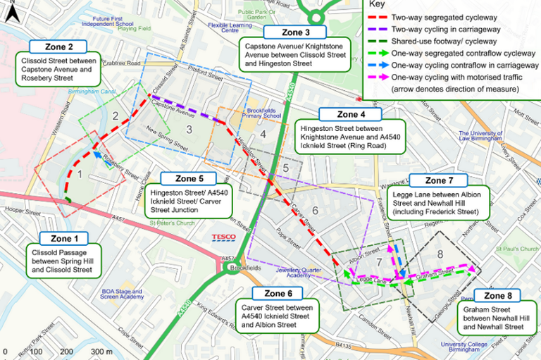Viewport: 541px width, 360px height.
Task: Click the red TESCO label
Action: pyautogui.click(x=224, y=237)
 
